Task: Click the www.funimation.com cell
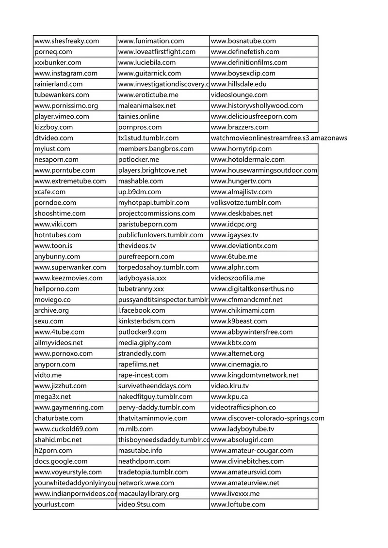[151, 41]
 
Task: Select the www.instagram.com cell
[66, 73]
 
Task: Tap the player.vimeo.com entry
[62, 116]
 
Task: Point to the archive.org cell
[52, 310]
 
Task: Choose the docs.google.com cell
[61, 461]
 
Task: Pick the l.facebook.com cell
[142, 310]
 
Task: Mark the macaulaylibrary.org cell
[149, 494]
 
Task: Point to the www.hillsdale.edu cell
[239, 84]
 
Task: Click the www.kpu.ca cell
[229, 396]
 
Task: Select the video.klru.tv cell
[230, 386]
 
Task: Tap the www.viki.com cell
[56, 224]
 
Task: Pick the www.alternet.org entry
[238, 353]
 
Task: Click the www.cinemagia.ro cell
[240, 364]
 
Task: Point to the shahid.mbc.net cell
[58, 440]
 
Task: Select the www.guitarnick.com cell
[149, 73]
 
